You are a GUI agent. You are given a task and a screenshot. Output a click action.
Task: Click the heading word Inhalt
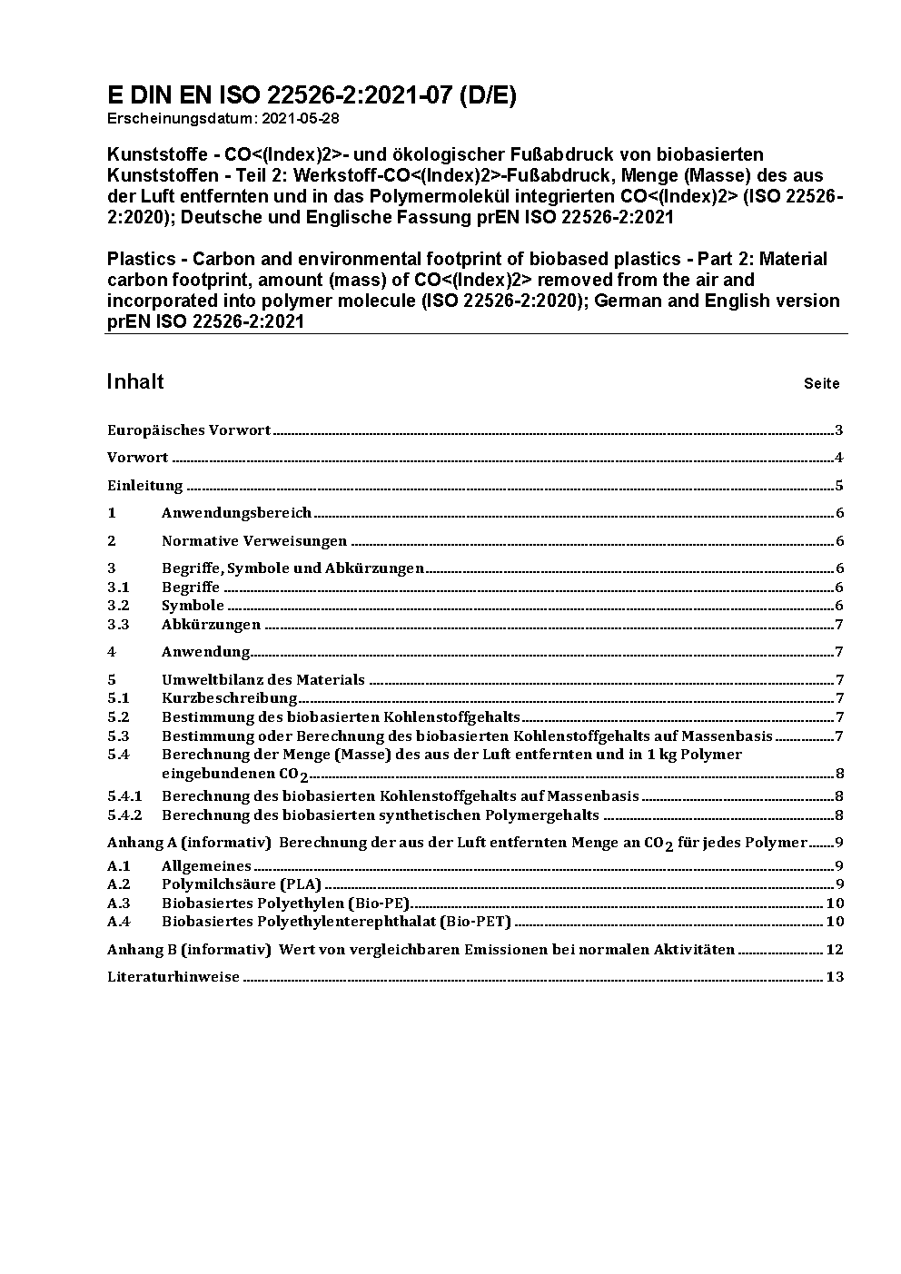pos(135,381)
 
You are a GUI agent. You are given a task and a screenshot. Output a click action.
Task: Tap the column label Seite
pos(821,384)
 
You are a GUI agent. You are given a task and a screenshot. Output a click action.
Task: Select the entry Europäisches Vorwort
pos(189,430)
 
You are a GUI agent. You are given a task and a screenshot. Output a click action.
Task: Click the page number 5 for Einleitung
pos(840,486)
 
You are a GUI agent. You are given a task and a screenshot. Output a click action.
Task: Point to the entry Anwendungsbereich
pos(236,513)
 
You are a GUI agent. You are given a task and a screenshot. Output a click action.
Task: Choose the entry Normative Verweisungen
pos(254,541)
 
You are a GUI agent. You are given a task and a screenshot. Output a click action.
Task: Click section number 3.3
pos(118,625)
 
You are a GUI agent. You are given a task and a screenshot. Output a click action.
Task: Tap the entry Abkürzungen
pos(211,625)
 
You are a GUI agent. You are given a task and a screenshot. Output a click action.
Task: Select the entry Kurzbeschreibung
pos(229,698)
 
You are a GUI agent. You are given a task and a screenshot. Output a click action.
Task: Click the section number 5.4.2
pos(124,815)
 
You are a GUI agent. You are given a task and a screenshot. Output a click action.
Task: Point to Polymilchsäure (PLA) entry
pos(241,884)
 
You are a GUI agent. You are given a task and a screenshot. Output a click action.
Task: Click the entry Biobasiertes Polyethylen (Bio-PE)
pos(285,904)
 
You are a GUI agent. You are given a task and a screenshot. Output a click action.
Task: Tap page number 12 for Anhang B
pos(835,950)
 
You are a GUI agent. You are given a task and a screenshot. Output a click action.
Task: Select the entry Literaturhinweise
pos(173,977)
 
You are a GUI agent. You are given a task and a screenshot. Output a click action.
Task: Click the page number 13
pos(835,977)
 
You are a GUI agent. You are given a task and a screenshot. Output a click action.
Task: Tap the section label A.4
pos(118,922)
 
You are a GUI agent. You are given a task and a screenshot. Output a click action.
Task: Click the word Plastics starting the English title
pos(139,259)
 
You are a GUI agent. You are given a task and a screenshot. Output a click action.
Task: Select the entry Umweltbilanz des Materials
pos(263,679)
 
